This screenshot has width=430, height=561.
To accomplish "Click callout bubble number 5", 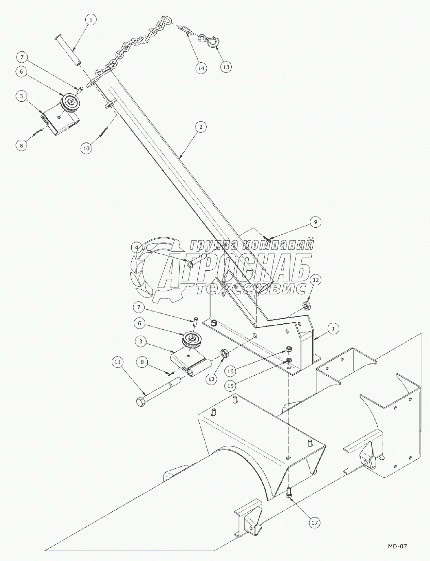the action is click(x=91, y=19).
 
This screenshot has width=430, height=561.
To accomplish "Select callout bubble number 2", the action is click(x=201, y=127).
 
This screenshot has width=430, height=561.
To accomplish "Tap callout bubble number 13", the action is click(x=226, y=67).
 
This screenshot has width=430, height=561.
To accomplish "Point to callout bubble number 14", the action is click(x=201, y=68).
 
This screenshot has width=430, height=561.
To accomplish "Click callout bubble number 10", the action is click(x=86, y=148).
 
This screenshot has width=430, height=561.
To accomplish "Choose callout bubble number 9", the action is click(x=315, y=222).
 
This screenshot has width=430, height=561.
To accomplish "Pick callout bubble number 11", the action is click(x=118, y=363).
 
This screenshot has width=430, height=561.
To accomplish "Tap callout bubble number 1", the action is click(x=334, y=329).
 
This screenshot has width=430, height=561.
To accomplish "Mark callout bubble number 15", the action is click(x=230, y=386).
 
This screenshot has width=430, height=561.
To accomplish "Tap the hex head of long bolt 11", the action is click(x=140, y=402).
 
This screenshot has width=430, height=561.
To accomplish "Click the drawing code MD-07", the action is click(x=397, y=546).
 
